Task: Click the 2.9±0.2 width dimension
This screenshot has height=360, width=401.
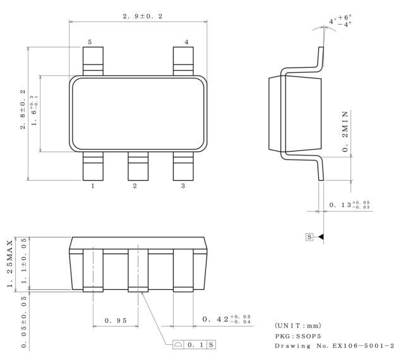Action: point(138,15)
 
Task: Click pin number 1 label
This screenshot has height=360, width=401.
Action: point(93,186)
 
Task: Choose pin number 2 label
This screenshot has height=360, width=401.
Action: point(135,186)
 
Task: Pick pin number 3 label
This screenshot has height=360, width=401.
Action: point(183,186)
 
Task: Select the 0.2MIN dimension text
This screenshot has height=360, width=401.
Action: point(345,131)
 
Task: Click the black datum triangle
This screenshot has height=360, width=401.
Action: point(320,236)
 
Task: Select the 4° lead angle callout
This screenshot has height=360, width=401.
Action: point(341,21)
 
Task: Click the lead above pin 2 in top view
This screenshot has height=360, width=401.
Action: point(138,166)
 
